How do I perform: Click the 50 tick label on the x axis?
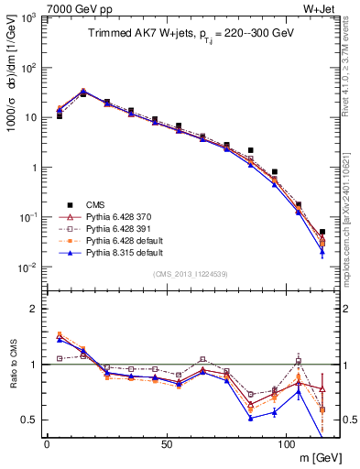coord(166,444)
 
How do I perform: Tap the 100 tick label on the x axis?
coord(286,444)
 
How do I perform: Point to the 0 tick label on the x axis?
coord(47,444)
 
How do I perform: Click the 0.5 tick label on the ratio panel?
coord(29,420)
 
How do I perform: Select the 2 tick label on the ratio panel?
coord(34,309)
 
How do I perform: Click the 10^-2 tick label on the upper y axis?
coord(27,267)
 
